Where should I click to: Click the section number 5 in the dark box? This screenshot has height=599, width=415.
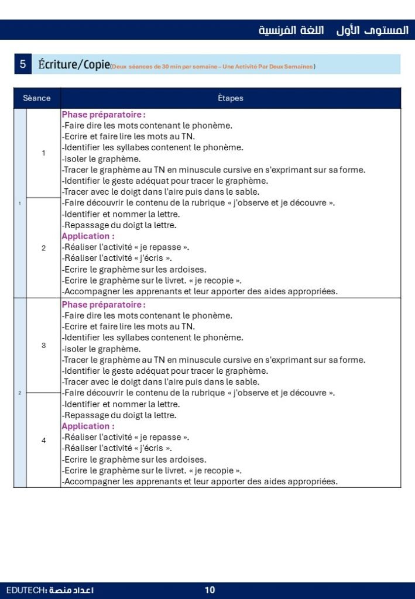click(22, 64)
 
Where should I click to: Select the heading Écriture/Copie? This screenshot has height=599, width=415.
click(74, 64)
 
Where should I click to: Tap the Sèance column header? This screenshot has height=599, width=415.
click(37, 98)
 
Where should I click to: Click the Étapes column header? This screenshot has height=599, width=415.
click(231, 98)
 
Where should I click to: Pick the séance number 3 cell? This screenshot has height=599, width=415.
click(43, 345)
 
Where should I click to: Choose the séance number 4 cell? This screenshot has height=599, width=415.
click(43, 440)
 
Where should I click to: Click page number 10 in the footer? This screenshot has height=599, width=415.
click(210, 590)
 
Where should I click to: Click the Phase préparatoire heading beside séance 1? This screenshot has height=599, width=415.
click(104, 115)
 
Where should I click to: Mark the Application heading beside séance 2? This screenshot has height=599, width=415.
click(88, 236)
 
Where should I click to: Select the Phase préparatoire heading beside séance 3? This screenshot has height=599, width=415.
click(104, 305)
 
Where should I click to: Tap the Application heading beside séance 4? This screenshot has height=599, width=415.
click(88, 426)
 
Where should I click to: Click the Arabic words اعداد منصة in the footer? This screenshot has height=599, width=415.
click(71, 590)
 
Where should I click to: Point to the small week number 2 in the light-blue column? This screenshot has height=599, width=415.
click(20, 393)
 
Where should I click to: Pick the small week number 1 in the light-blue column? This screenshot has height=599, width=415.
click(20, 203)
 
